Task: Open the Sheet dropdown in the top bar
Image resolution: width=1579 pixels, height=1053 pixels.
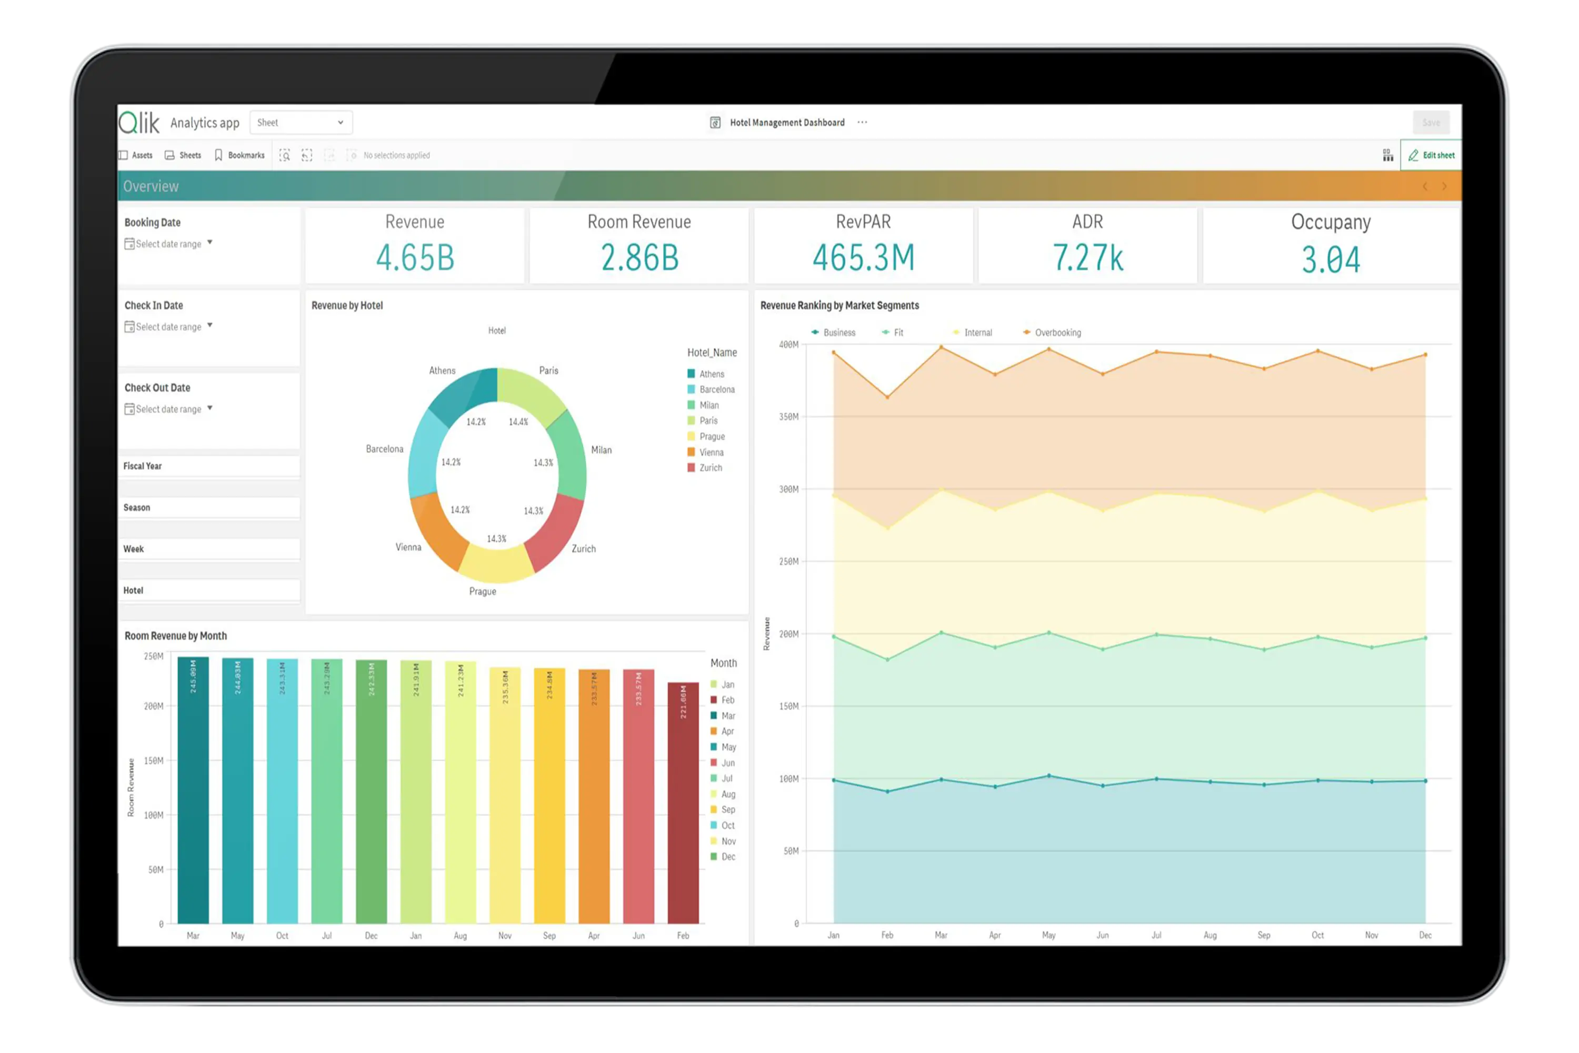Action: pyautogui.click(x=300, y=122)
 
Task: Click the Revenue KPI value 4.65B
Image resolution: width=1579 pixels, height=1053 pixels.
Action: pyautogui.click(x=415, y=258)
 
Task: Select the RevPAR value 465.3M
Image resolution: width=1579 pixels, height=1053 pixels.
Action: pyautogui.click(x=863, y=258)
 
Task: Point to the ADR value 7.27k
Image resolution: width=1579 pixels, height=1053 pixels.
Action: pyautogui.click(x=1087, y=258)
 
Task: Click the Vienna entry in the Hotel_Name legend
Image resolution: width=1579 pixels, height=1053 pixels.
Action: pyautogui.click(x=710, y=452)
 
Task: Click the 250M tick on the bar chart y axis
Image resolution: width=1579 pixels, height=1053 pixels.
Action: pyautogui.click(x=154, y=656)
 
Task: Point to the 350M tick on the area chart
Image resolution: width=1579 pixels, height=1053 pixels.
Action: pyautogui.click(x=789, y=416)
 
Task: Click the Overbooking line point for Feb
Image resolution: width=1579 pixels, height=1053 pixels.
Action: pyautogui.click(x=887, y=397)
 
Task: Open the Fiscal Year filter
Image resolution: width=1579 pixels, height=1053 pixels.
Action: pyautogui.click(x=209, y=466)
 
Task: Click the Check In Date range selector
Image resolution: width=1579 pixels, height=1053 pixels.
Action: pyautogui.click(x=168, y=327)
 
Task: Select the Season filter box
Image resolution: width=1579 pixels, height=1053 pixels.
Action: pyautogui.click(x=209, y=508)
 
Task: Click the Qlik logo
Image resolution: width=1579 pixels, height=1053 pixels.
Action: pyautogui.click(x=139, y=122)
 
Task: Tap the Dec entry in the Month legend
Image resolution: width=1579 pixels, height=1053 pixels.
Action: pyautogui.click(x=727, y=857)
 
